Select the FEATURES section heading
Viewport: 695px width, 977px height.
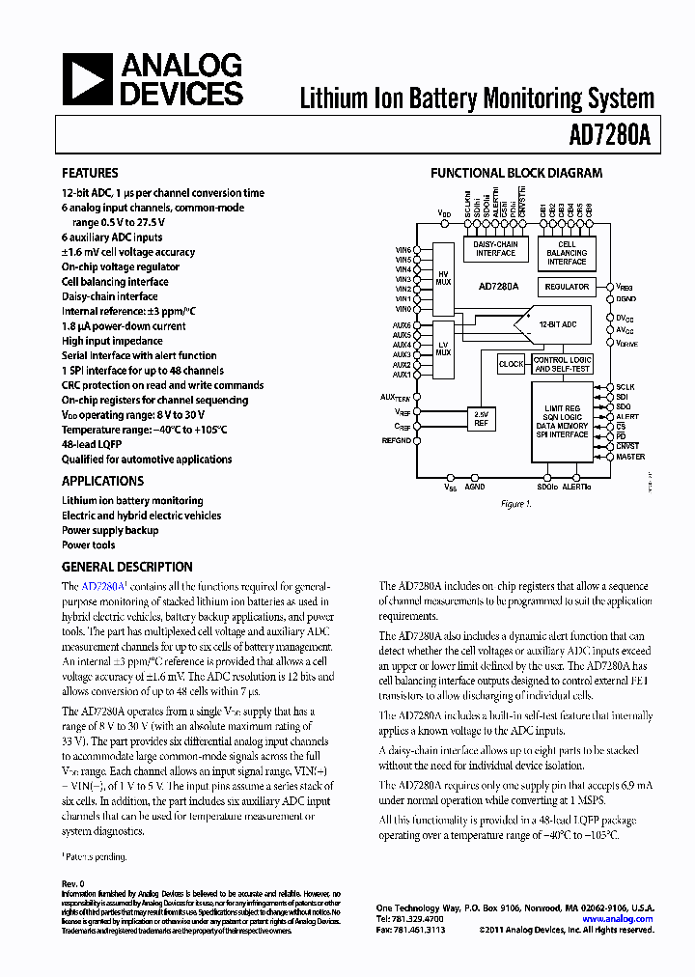90,173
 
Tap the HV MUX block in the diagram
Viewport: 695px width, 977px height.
443,278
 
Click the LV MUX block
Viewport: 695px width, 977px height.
443,349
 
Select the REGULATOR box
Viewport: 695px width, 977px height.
567,287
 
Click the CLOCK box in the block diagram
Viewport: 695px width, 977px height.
512,364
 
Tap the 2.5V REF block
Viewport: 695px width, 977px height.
481,417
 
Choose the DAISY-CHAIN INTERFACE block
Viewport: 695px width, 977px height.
495,249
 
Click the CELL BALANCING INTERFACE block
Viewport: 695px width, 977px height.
567,253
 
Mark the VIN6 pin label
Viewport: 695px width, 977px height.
403,250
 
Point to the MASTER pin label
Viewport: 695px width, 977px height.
630,456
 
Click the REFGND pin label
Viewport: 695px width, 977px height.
397,439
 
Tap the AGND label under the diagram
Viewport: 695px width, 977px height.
475,488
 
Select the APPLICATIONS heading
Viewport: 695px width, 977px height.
102,481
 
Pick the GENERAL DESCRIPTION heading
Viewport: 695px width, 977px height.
126,567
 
